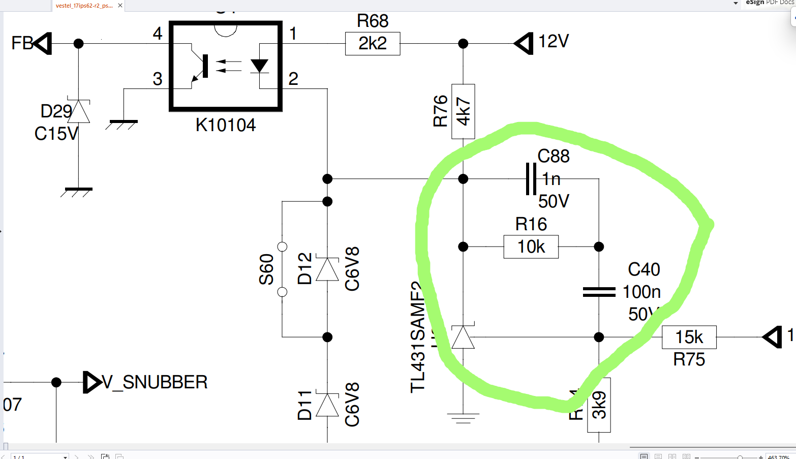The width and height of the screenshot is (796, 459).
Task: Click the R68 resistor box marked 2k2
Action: pos(373,44)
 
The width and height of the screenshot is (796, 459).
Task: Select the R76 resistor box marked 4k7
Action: pos(463,111)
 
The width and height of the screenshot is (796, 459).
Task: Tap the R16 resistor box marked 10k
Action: pos(531,247)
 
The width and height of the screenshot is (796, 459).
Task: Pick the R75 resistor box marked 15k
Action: pos(689,337)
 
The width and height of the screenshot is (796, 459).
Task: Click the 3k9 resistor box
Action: pos(599,405)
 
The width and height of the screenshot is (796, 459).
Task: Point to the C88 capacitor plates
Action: pos(531,179)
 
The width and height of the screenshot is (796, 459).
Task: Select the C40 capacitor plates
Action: pos(599,292)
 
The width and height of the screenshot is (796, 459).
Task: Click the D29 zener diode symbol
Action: pos(79,111)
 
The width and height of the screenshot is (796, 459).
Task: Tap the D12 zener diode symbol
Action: pos(327,269)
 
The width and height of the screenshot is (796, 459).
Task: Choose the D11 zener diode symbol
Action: pos(327,405)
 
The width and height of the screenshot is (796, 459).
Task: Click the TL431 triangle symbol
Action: pos(463,337)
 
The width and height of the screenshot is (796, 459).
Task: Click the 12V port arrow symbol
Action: pos(524,44)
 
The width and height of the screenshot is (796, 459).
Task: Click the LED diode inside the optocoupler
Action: pos(259,66)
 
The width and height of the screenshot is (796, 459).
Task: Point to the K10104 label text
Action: pos(226,125)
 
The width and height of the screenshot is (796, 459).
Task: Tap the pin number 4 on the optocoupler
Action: pos(158,34)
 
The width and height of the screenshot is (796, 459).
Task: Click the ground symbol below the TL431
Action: pos(463,418)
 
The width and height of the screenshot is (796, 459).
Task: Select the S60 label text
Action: pos(266,269)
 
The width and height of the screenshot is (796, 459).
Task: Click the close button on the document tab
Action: pos(120,6)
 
